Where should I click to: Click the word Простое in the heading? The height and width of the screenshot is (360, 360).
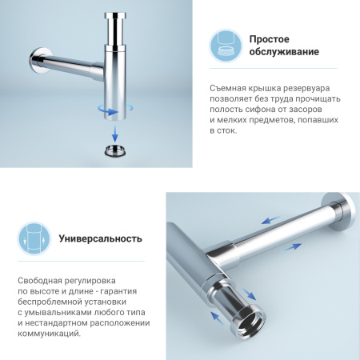pos(269,39)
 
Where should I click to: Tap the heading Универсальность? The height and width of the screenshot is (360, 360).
pos(101,238)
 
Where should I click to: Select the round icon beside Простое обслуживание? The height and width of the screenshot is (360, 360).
pos(226,46)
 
